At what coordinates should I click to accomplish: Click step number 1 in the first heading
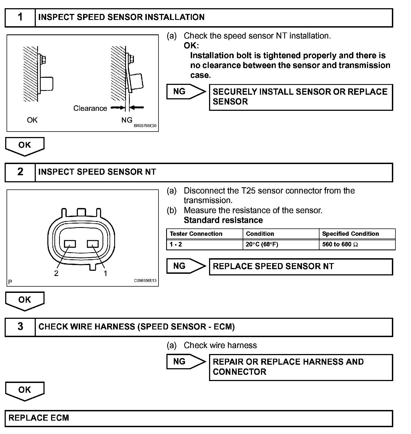[20, 17]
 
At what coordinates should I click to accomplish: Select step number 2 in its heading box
[20, 172]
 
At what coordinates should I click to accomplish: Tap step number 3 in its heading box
[20, 327]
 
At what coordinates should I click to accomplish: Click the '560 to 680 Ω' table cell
[340, 245]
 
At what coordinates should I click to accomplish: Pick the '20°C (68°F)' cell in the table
[262, 245]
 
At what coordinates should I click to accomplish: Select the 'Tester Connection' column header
[196, 234]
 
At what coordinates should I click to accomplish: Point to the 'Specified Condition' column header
[350, 234]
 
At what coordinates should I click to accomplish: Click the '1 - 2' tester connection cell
[176, 245]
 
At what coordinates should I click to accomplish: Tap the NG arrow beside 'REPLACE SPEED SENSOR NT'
[186, 266]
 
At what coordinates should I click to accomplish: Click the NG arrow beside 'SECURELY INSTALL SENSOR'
[186, 92]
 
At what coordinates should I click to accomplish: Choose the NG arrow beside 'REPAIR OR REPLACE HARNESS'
[186, 362]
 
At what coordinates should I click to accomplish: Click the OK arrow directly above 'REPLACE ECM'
[25, 390]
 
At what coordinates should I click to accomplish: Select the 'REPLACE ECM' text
[39, 418]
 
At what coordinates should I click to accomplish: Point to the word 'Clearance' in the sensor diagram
[90, 108]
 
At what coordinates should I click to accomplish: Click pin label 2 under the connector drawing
[56, 273]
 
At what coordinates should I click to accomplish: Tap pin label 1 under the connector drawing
[105, 273]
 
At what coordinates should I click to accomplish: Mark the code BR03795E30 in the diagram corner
[145, 126]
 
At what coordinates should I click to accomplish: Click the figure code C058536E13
[145, 281]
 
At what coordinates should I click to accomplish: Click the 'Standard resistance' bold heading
[223, 220]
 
